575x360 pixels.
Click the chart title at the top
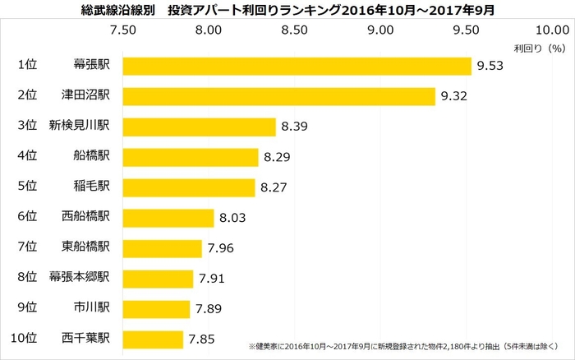(x=287, y=10)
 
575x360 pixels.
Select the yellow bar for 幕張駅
(x=297, y=66)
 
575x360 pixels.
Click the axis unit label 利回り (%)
(x=540, y=48)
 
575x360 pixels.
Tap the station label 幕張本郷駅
(x=86, y=278)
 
